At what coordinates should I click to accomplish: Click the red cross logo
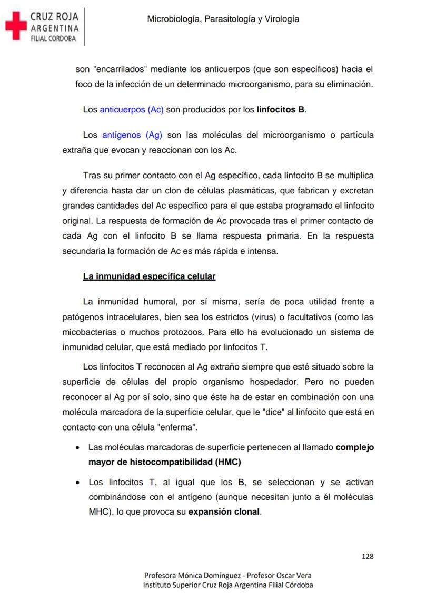click(x=15, y=27)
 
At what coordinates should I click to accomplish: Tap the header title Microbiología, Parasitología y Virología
click(x=223, y=19)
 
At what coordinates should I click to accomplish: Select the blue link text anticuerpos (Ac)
click(x=132, y=110)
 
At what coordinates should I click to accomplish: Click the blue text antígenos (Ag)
click(x=132, y=135)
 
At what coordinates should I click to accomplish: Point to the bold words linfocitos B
click(x=281, y=110)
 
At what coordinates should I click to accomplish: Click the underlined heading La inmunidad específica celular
click(x=149, y=276)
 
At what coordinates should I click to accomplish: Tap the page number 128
click(x=368, y=556)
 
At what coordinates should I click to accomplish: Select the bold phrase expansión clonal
click(x=224, y=511)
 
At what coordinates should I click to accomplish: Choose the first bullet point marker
click(x=78, y=448)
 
